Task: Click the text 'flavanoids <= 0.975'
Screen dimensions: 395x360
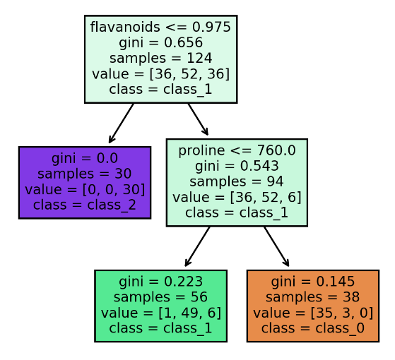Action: click(x=160, y=27)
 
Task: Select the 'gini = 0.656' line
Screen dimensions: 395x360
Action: click(x=160, y=42)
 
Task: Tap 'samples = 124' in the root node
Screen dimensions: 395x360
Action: click(x=160, y=58)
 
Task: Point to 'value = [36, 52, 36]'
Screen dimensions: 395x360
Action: click(x=160, y=74)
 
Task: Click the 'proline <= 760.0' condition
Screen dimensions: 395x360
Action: click(x=237, y=150)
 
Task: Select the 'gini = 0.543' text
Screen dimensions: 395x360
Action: click(x=237, y=166)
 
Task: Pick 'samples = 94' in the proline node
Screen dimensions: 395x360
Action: click(x=237, y=181)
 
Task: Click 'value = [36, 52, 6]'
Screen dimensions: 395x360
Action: click(x=237, y=197)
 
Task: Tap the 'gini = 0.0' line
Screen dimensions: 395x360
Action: click(x=85, y=158)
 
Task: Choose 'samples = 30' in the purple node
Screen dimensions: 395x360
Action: click(x=85, y=174)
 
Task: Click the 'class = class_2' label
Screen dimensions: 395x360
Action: click(x=85, y=205)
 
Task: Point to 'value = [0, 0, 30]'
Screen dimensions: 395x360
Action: click(x=85, y=189)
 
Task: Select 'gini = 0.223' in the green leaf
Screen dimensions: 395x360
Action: click(x=160, y=282)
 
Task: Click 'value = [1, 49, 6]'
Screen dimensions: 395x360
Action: click(x=160, y=313)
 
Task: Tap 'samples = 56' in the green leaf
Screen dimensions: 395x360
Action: click(x=160, y=297)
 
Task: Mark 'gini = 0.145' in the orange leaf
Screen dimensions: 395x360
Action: click(x=313, y=282)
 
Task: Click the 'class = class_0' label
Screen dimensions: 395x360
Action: click(x=313, y=328)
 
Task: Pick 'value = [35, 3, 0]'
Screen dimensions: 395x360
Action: click(x=313, y=313)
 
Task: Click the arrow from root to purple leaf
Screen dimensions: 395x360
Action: click(x=121, y=124)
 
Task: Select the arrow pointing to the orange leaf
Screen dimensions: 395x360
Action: click(x=276, y=246)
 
